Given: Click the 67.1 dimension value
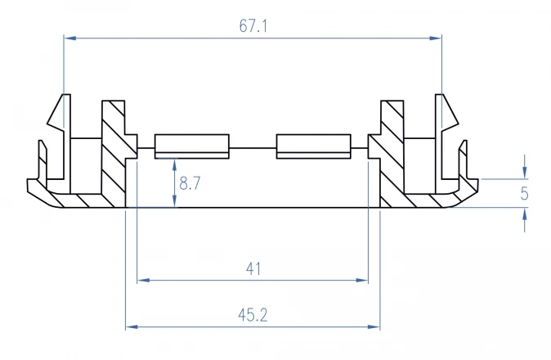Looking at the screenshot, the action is (253, 26).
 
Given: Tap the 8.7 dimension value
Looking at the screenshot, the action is (190, 183).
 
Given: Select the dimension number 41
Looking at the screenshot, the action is (253, 269).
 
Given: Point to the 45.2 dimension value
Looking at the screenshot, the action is (253, 315).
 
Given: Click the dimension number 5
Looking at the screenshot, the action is (524, 193).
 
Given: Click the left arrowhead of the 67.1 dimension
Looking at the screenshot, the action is (70, 38).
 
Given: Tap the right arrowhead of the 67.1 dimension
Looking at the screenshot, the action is (436, 38).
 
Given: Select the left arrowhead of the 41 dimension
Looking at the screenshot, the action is (143, 280).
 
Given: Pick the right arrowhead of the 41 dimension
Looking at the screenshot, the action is (361, 280).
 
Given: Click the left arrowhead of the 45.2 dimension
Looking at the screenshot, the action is (132, 326).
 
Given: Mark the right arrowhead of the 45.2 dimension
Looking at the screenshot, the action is (374, 326).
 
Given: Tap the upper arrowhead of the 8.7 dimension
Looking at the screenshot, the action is (175, 165).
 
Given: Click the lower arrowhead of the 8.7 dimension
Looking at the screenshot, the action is (175, 201).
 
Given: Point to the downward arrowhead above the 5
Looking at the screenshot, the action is (525, 173).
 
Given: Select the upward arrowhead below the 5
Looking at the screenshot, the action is (525, 214).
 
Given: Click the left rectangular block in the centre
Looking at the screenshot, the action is (192, 146).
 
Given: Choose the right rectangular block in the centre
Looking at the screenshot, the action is (313, 146).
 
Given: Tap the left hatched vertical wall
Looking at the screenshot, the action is (114, 154).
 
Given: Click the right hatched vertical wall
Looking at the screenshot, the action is (392, 154).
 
